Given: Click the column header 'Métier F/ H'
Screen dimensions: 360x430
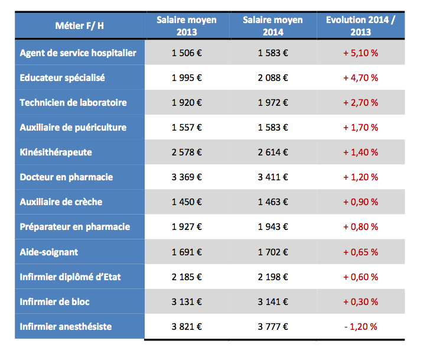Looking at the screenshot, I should tap(79, 26).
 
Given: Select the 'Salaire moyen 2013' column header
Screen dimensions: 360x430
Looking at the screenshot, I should tap(187, 26).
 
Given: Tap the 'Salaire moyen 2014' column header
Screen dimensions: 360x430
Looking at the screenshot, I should tap(273, 26).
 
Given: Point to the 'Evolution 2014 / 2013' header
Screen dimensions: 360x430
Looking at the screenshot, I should tap(361, 26).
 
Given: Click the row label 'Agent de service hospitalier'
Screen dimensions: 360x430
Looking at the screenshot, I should tap(78, 53).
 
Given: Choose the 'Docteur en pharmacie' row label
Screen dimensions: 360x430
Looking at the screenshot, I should tap(66, 177).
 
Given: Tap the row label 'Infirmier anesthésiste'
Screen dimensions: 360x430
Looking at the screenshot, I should tap(65, 326).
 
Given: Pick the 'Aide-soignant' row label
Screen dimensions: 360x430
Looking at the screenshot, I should tap(48, 252).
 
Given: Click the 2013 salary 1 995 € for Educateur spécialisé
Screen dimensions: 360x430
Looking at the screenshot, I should tap(187, 78).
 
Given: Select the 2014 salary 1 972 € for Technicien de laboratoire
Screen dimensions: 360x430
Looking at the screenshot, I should tap(273, 103).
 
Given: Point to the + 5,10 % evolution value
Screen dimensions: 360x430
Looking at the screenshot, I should tap(361, 53).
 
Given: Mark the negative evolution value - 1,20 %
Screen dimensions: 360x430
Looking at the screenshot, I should tap(361, 326).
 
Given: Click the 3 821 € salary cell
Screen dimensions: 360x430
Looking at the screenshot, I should tap(187, 326).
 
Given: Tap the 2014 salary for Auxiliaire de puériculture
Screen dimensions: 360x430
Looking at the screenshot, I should tap(273, 128).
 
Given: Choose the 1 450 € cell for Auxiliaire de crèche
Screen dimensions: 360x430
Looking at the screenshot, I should tap(187, 202).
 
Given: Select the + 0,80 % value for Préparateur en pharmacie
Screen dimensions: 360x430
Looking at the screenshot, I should tap(361, 227).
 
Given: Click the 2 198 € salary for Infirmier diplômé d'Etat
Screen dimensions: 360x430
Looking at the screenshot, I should tap(273, 277).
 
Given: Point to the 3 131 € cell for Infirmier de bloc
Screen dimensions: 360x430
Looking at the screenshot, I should tap(187, 301).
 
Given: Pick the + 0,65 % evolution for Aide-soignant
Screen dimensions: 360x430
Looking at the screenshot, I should tap(361, 252).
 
